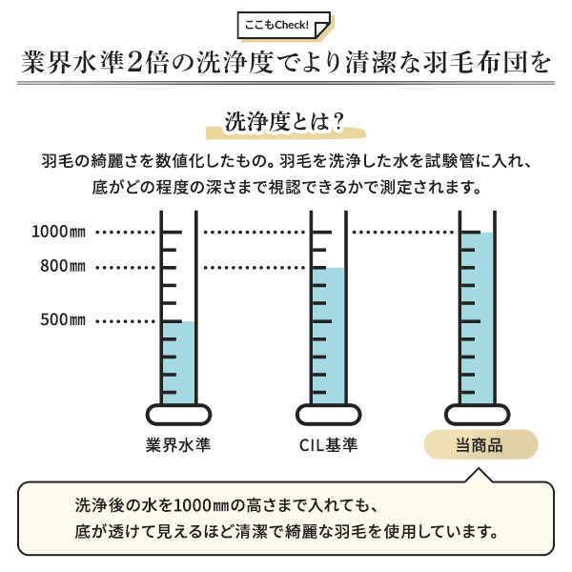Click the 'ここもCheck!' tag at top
pos(284,25)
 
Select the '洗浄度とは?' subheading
pos(284,122)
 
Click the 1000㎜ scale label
pos(59,232)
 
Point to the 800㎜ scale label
pos(63,266)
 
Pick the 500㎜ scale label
pos(63,320)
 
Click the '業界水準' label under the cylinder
pos(178,444)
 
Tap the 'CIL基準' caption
pos(328,445)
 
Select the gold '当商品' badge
pos(480,444)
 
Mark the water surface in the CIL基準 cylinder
pos(328,269)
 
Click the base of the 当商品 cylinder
pos(478,415)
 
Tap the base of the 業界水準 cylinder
pos(178,415)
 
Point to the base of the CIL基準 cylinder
pos(328,415)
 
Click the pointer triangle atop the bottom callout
pos(479,476)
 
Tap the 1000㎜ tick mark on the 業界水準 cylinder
pos(172,232)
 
